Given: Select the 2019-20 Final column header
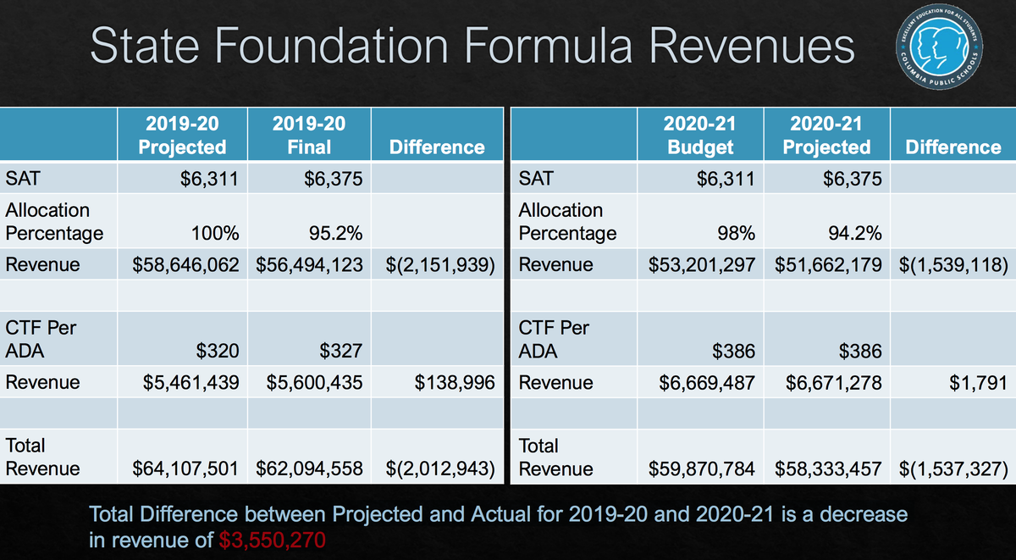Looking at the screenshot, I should click(x=309, y=135).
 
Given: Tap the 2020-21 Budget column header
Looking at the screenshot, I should click(x=699, y=135).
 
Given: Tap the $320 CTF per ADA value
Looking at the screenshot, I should click(x=217, y=351).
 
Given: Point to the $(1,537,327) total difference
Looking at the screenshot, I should click(x=953, y=469).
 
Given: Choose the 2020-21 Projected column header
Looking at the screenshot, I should click(x=826, y=135).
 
